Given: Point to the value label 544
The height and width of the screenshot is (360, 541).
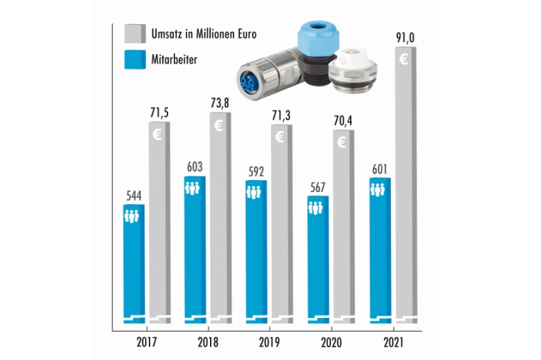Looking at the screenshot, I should point(133,194).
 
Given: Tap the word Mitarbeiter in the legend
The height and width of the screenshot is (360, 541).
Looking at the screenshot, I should point(174,60).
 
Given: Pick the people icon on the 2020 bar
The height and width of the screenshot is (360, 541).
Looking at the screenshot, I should point(316,208).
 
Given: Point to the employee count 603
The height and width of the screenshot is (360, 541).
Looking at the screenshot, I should point(194,166).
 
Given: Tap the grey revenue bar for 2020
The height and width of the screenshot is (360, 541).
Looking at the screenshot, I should point(342,228).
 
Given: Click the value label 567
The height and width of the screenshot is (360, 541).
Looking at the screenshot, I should point(317,186).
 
